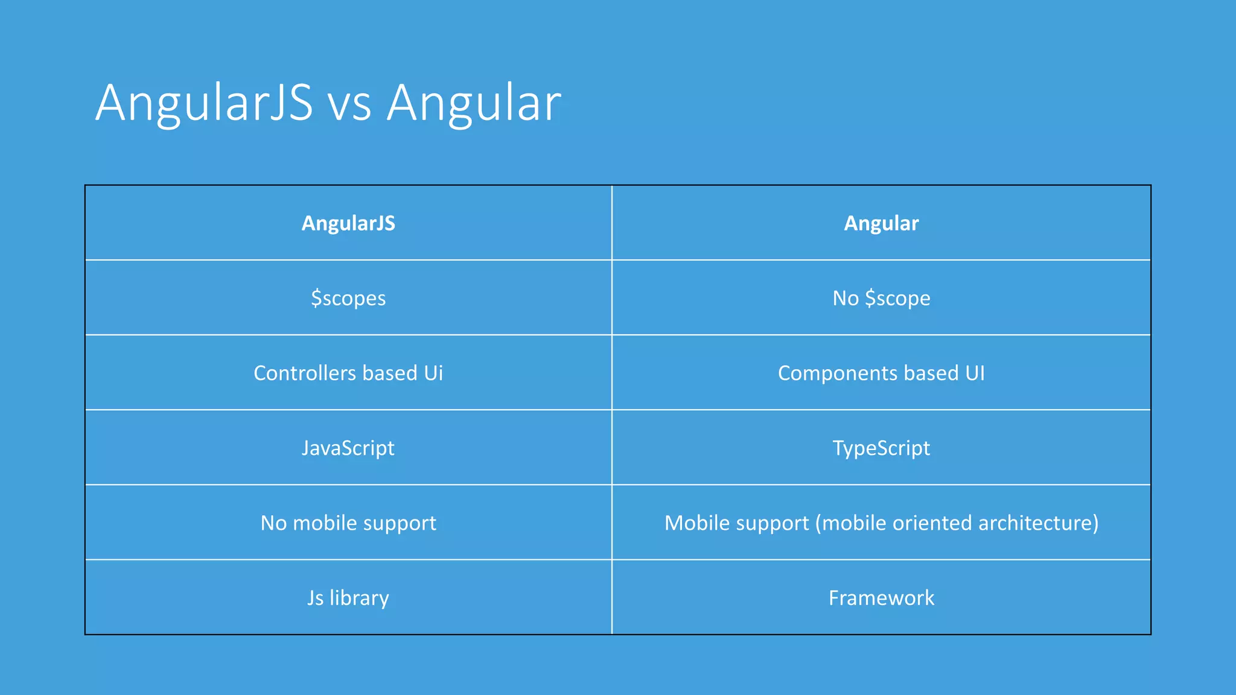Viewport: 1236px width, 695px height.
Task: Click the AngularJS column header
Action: tap(348, 223)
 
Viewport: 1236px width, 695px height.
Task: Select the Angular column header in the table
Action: tap(881, 223)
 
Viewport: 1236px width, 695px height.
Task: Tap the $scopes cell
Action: tap(348, 298)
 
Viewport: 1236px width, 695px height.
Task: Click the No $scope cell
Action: tap(881, 298)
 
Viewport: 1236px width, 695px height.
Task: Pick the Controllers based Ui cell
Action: tap(348, 373)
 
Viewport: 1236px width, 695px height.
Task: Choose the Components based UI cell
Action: tap(881, 373)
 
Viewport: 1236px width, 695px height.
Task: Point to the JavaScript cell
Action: tap(348, 448)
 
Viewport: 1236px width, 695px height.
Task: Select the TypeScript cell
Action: tap(881, 448)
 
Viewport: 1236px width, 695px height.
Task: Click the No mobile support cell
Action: tap(348, 522)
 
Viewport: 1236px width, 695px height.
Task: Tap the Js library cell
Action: tap(348, 597)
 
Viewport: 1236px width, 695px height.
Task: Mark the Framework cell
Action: tap(881, 597)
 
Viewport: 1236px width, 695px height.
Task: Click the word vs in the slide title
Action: tap(349, 104)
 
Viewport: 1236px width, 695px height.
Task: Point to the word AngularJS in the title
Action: tap(204, 104)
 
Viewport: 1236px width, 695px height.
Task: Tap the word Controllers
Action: tap(305, 373)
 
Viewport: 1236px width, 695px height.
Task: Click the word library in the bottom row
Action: tap(359, 597)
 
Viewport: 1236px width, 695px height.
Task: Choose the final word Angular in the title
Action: tap(474, 104)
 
